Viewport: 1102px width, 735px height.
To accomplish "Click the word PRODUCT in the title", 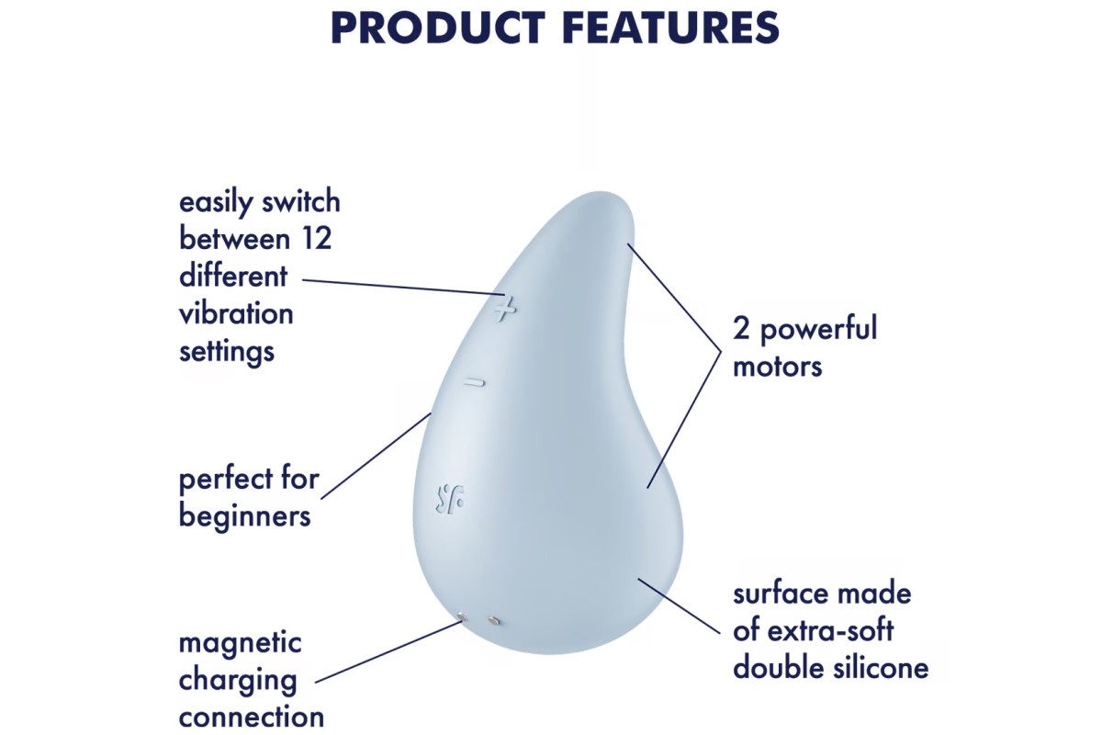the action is click(x=438, y=28).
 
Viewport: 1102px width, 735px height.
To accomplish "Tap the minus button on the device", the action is click(x=474, y=382).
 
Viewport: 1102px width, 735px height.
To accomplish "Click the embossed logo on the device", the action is click(x=449, y=497).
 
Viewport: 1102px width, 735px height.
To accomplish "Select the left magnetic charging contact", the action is click(x=461, y=616).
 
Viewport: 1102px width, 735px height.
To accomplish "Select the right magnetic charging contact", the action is click(x=494, y=620).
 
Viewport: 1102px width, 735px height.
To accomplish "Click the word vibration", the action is click(x=236, y=314).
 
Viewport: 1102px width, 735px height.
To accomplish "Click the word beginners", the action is click(x=244, y=516).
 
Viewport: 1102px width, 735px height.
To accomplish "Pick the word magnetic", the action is click(x=240, y=643).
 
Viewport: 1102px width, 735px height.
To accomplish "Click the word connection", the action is click(x=252, y=718).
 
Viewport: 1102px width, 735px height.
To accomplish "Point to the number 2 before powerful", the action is click(x=741, y=329).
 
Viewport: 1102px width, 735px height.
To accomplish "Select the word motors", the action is click(x=777, y=367).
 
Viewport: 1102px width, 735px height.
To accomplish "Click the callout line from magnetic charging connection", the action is click(x=388, y=651).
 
